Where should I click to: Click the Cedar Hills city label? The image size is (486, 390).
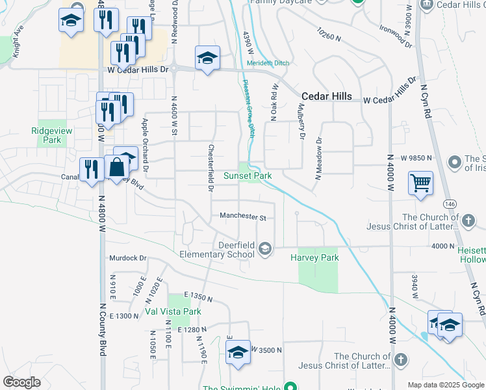tap(327, 96)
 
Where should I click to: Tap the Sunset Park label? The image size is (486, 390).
tap(247, 175)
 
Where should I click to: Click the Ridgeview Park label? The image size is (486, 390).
tap(47, 135)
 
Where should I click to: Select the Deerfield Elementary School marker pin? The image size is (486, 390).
tap(264, 248)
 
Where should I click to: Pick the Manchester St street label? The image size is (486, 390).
tap(243, 216)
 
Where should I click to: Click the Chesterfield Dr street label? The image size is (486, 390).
tap(211, 168)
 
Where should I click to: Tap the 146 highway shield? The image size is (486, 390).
tap(450, 204)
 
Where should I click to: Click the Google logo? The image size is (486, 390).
tap(21, 382)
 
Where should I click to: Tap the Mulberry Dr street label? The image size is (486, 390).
tap(301, 122)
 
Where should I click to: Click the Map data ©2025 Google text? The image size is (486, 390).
tap(446, 385)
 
